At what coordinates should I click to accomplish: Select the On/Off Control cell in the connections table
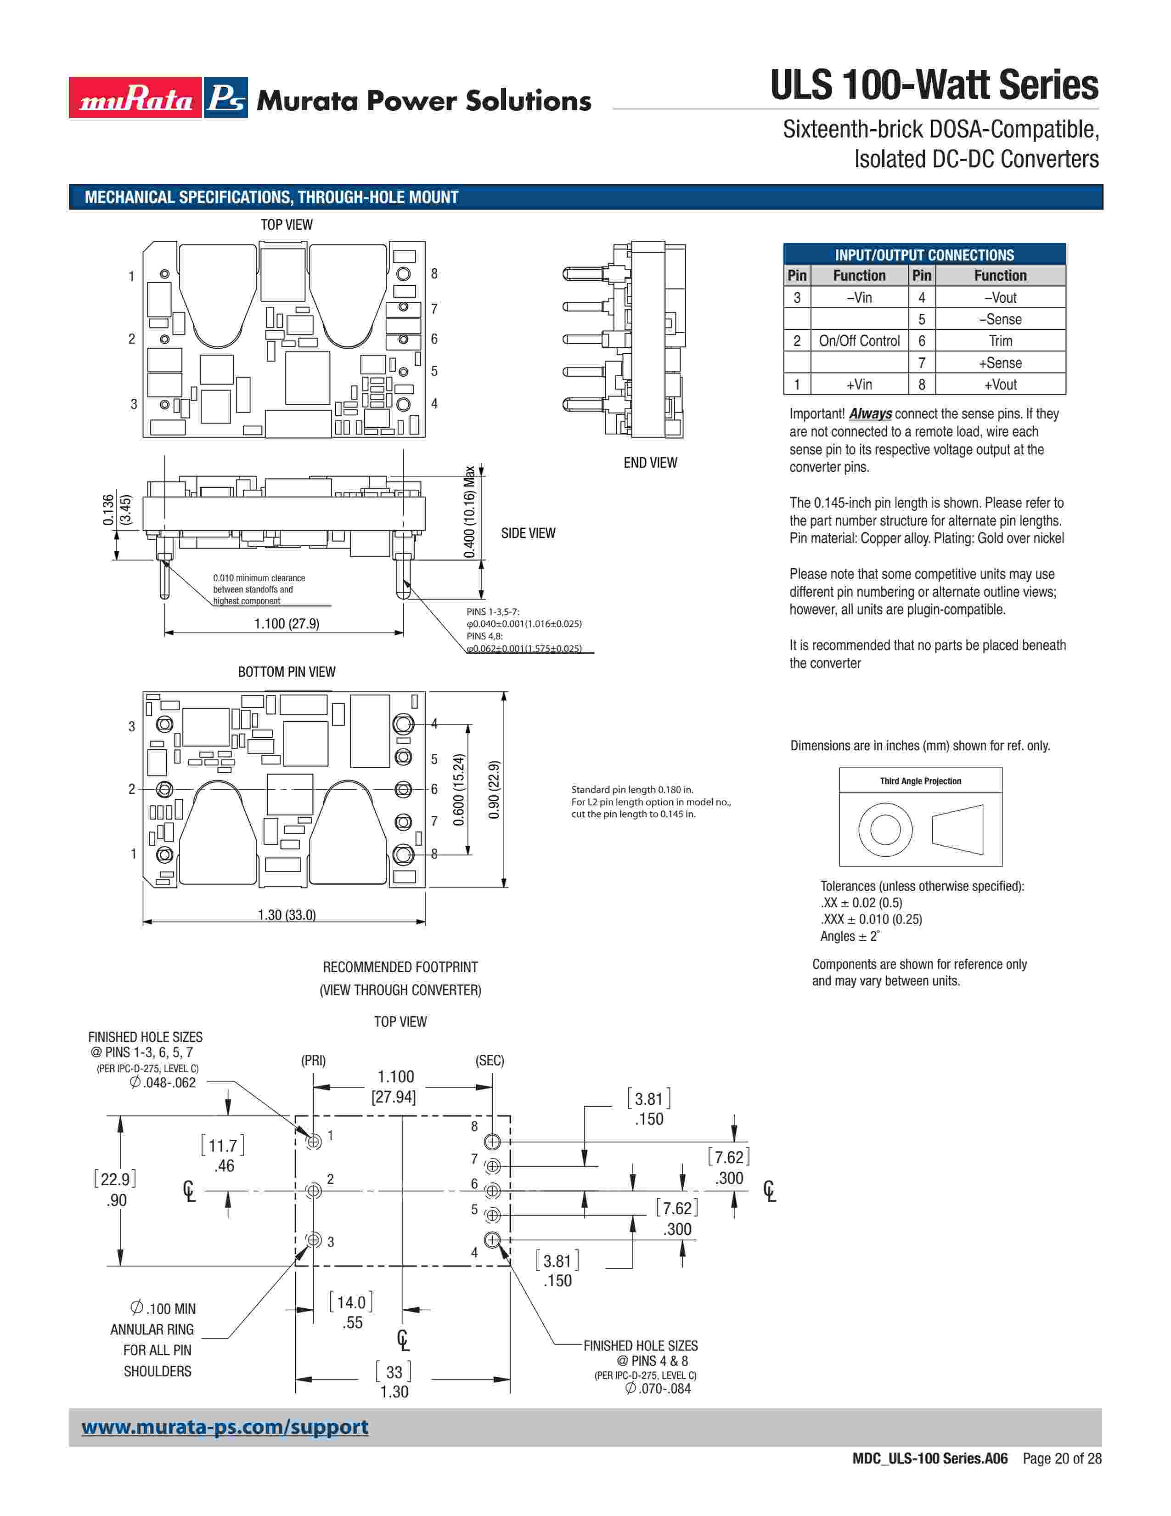pyautogui.click(x=859, y=341)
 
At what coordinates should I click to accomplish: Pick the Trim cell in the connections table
pyautogui.click(x=1000, y=341)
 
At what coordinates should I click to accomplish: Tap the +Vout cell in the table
pyautogui.click(x=1000, y=385)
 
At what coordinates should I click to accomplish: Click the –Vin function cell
pyautogui.click(x=859, y=298)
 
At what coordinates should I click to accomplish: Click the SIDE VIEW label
pyautogui.click(x=528, y=533)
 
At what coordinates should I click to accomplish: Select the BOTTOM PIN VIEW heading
pyautogui.click(x=287, y=672)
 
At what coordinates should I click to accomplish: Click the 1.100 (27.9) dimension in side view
pyautogui.click(x=287, y=624)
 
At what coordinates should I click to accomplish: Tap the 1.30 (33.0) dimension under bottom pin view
pyautogui.click(x=287, y=915)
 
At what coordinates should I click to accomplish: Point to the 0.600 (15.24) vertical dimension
pyautogui.click(x=459, y=790)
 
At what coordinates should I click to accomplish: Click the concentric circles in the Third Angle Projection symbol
pyautogui.click(x=884, y=830)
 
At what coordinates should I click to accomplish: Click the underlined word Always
pyautogui.click(x=870, y=414)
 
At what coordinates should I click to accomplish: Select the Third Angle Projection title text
pyautogui.click(x=921, y=781)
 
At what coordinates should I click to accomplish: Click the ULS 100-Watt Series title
pyautogui.click(x=934, y=85)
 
